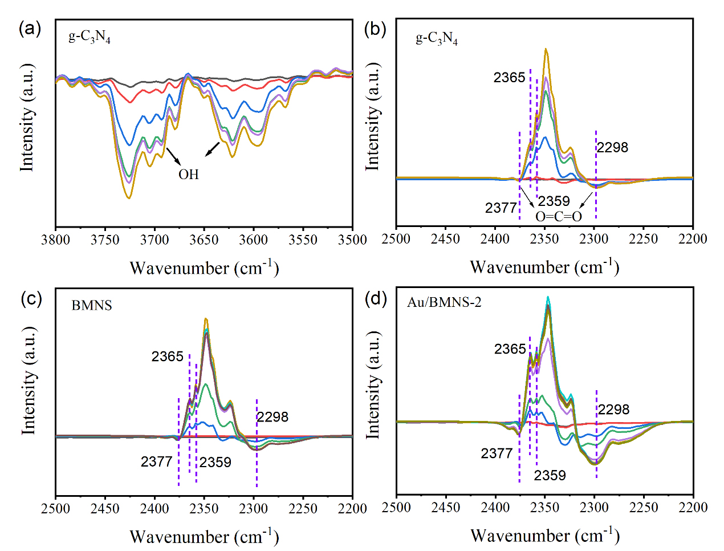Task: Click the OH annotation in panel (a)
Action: click(x=189, y=174)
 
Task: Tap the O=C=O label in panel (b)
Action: click(x=559, y=216)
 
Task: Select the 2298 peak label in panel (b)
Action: click(x=612, y=147)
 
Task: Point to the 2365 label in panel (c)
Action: click(x=167, y=356)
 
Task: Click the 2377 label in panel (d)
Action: click(x=497, y=453)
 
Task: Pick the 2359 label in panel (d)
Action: click(x=550, y=475)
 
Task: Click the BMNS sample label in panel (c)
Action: click(x=92, y=306)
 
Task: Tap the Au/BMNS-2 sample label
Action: click(x=444, y=302)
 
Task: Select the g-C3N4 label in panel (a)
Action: click(x=90, y=37)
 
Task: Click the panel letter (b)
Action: click(x=375, y=29)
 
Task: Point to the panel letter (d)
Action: click(x=376, y=299)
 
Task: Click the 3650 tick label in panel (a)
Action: click(x=204, y=240)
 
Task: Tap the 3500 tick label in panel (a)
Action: click(x=352, y=240)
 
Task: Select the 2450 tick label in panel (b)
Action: click(x=445, y=238)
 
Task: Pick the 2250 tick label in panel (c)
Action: click(x=303, y=508)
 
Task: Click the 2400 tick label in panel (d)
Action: click(x=495, y=507)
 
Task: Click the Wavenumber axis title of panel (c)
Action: click(x=204, y=537)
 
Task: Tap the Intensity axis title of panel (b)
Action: click(x=373, y=116)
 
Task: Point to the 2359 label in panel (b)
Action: click(x=554, y=201)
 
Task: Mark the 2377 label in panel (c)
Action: click(x=156, y=461)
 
